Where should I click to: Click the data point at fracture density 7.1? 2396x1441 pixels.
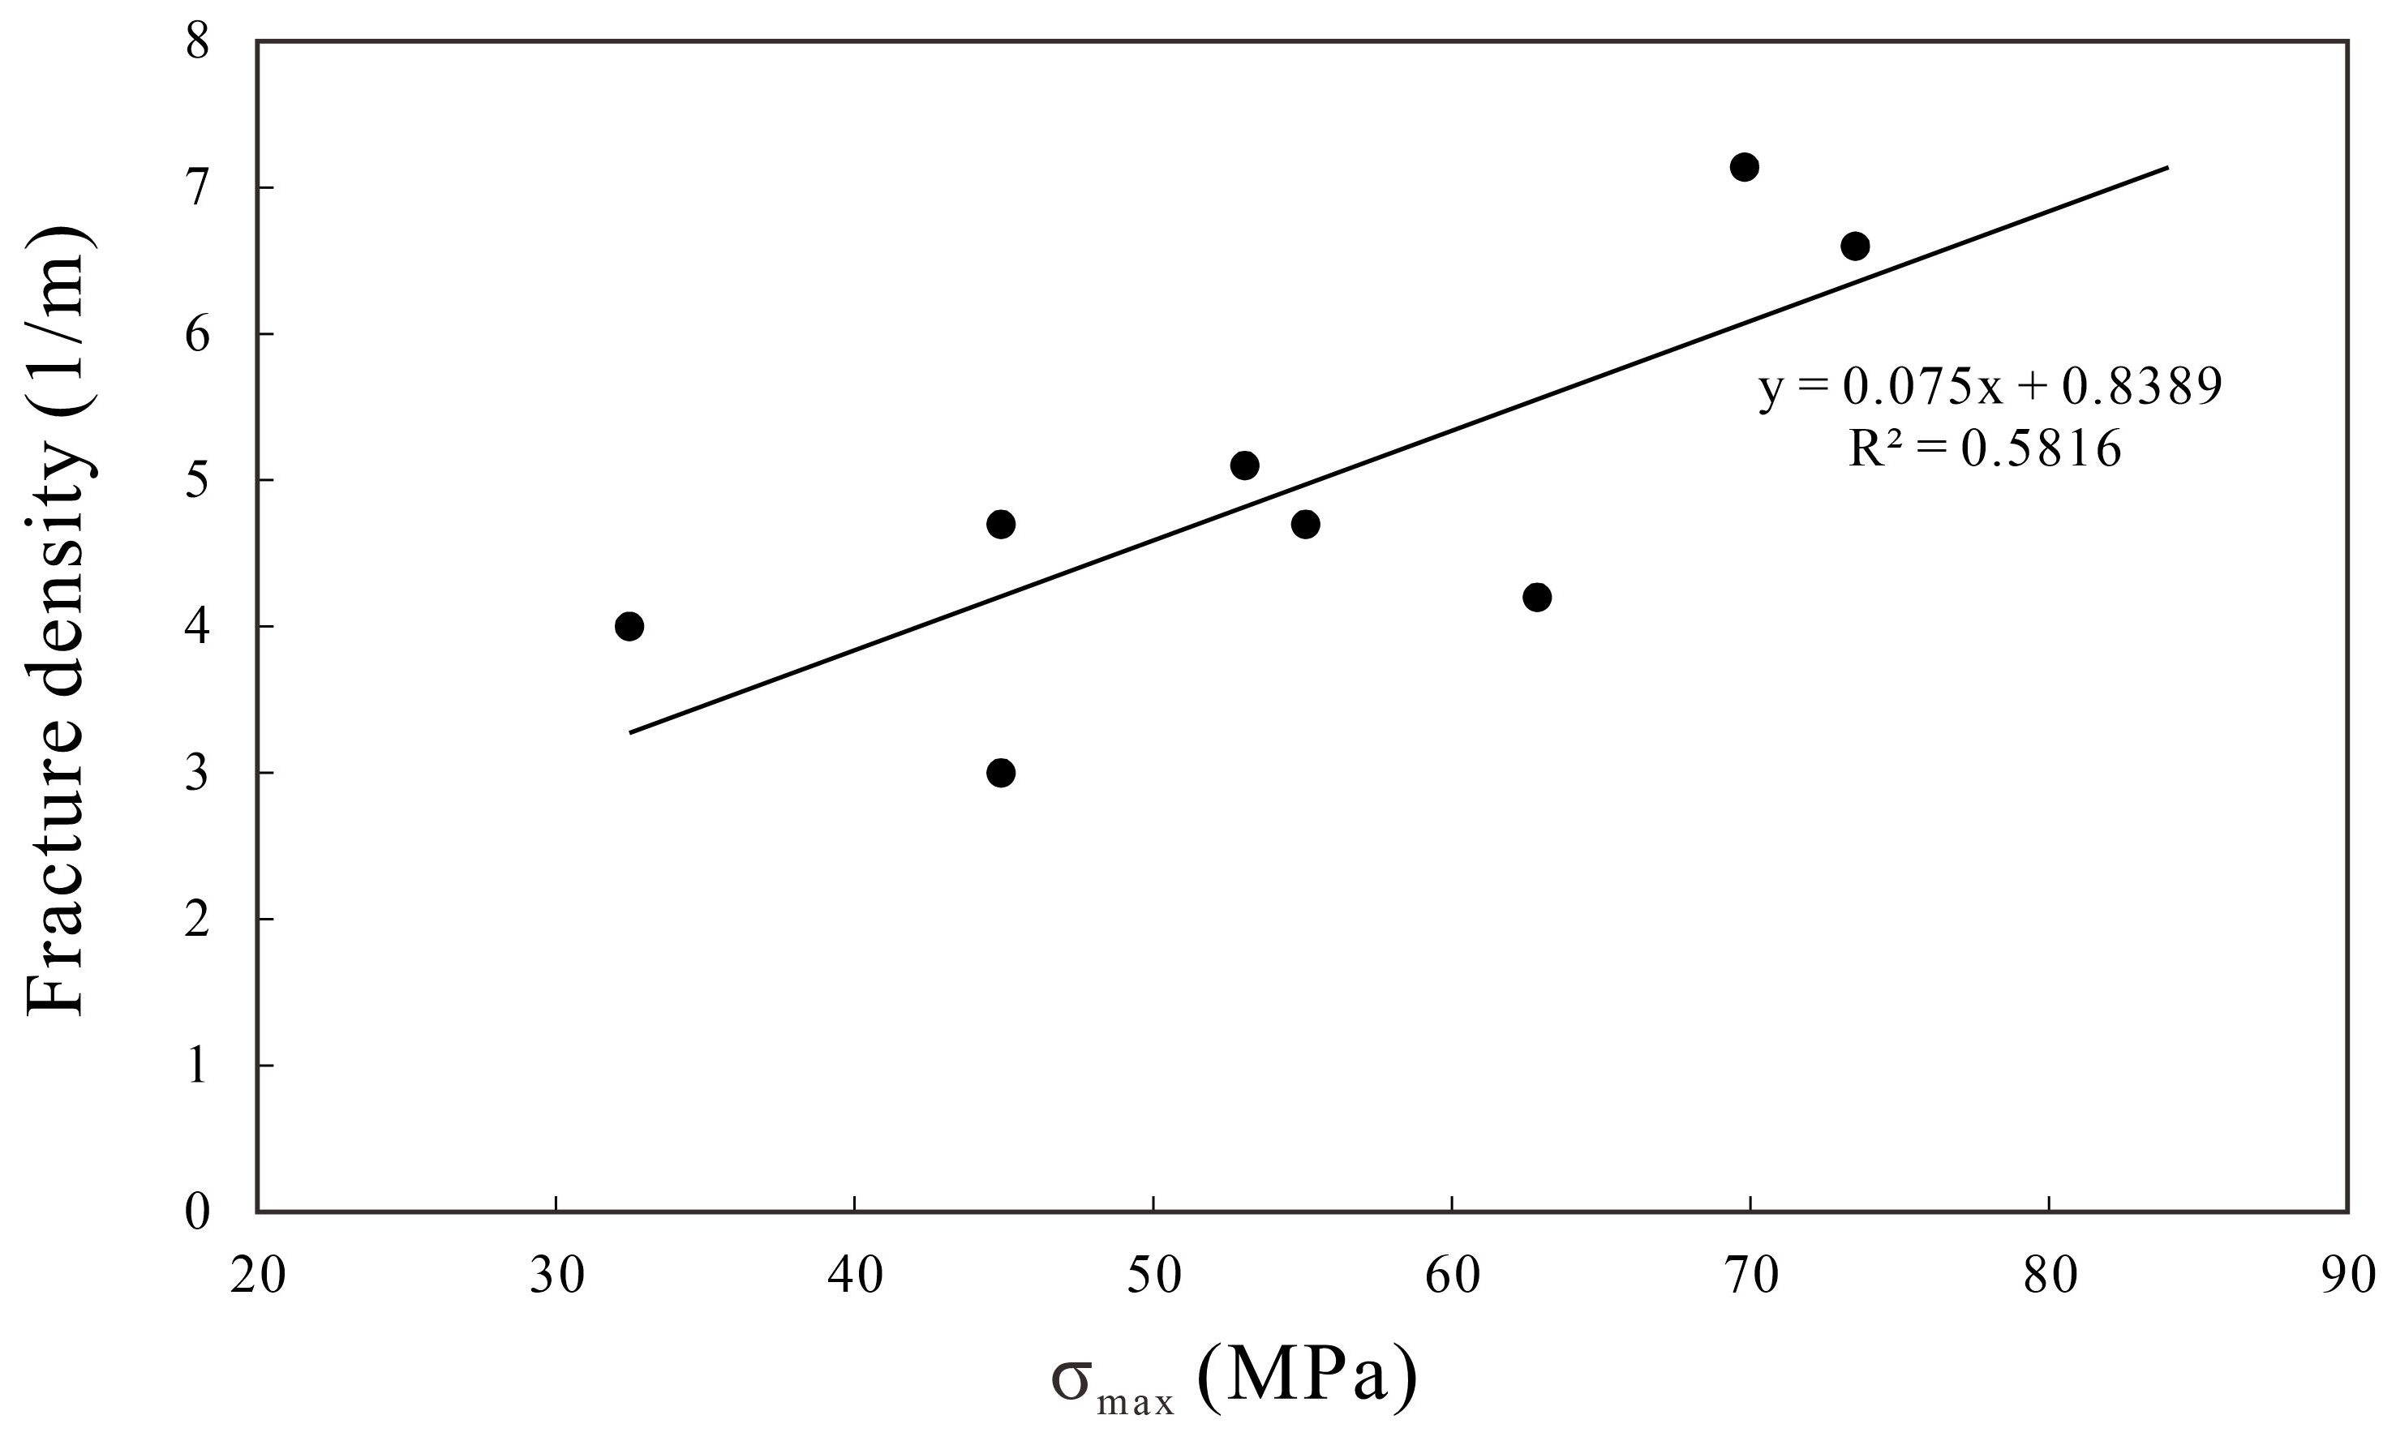tap(1745, 167)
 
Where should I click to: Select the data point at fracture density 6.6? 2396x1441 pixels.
tap(1855, 246)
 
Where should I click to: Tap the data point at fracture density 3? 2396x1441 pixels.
tap(1000, 773)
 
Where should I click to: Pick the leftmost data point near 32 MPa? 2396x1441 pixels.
tap(629, 626)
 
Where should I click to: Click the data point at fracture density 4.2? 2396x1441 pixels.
tap(1536, 596)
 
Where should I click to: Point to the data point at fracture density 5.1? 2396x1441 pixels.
tap(1244, 465)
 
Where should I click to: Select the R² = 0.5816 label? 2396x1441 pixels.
tap(1984, 448)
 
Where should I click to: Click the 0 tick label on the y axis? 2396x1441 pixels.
tap(197, 1212)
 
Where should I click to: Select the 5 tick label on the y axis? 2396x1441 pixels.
tap(197, 481)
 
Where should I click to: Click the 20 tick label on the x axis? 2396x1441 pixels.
tap(257, 1276)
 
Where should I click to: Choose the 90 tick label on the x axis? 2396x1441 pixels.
tap(2347, 1276)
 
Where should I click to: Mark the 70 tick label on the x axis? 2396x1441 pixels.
tap(1751, 1276)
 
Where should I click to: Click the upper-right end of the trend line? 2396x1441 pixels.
tap(2166, 168)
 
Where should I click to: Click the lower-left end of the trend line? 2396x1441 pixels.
tap(630, 732)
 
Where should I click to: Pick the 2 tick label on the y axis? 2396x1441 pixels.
tap(197, 919)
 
